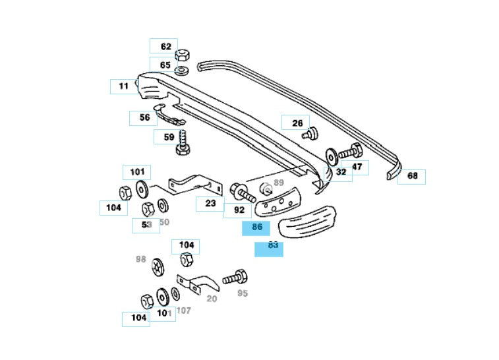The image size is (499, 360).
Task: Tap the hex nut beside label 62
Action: pyautogui.click(x=184, y=53)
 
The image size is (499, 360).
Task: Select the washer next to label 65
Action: pyautogui.click(x=183, y=69)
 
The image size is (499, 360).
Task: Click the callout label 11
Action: pyautogui.click(x=123, y=86)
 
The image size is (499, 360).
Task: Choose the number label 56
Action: pyautogui.click(x=144, y=118)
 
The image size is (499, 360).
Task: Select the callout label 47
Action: pyautogui.click(x=357, y=167)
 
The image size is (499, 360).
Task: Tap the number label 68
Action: pyautogui.click(x=412, y=176)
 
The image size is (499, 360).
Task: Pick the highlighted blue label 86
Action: pyautogui.click(x=256, y=227)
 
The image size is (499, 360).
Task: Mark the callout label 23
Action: pyautogui.click(x=210, y=203)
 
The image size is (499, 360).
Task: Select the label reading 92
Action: pyautogui.click(x=239, y=210)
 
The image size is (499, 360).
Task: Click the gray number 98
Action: pyautogui.click(x=140, y=259)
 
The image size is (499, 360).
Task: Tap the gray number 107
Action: pyautogui.click(x=183, y=310)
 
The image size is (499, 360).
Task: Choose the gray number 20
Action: pyautogui.click(x=212, y=298)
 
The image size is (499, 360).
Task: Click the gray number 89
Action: pyautogui.click(x=278, y=183)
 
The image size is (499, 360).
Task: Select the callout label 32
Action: pyautogui.click(x=341, y=171)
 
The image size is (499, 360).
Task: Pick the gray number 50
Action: pyautogui.click(x=164, y=222)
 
